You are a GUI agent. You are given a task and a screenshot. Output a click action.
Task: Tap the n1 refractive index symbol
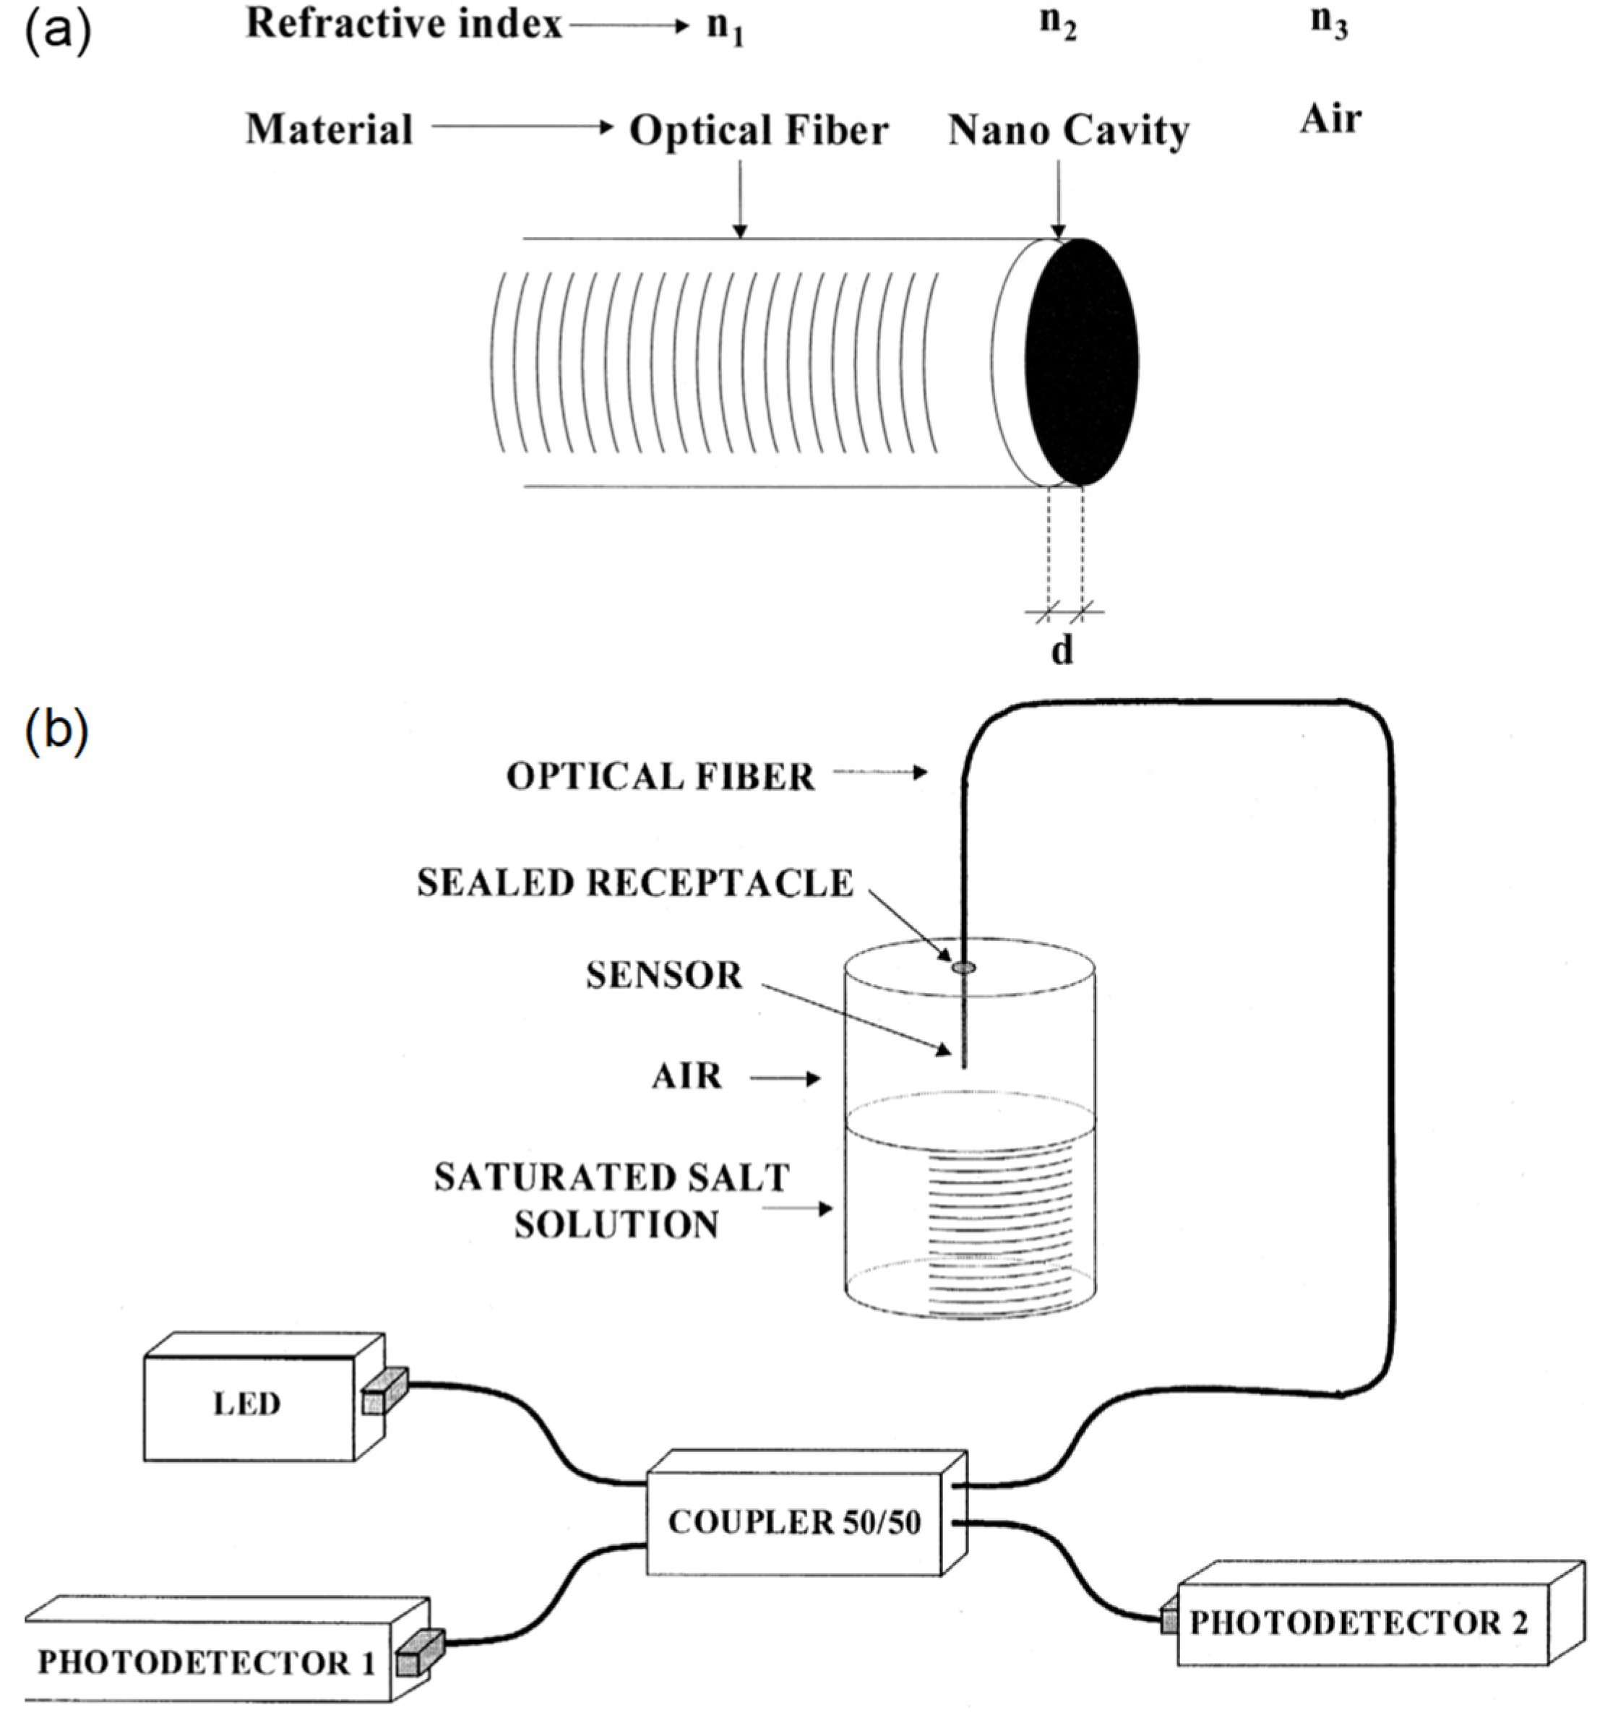pos(726,27)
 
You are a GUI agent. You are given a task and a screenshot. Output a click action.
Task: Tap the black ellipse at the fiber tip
pos(1082,362)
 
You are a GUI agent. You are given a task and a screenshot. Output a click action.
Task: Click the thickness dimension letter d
pos(1062,650)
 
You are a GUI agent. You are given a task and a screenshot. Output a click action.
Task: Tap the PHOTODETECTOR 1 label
pos(207,1662)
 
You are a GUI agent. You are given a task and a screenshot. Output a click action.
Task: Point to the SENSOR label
pos(664,975)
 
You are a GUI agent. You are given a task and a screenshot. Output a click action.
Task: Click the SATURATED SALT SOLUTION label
pos(612,1201)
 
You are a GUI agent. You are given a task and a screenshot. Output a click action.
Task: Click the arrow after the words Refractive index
pos(628,26)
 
